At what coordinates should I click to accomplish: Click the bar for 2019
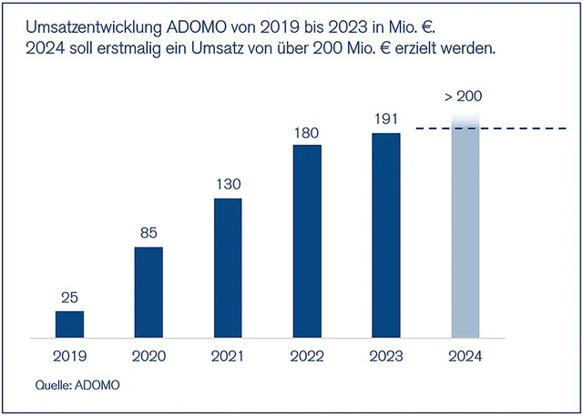click(x=69, y=324)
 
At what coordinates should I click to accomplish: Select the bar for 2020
click(x=148, y=291)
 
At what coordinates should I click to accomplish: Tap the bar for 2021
click(x=228, y=268)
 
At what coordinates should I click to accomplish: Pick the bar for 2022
click(x=307, y=241)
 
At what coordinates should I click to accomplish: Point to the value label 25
click(x=69, y=298)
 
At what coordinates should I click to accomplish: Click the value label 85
click(x=148, y=233)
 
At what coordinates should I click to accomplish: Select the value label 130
click(x=228, y=185)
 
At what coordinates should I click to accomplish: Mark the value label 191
click(x=386, y=119)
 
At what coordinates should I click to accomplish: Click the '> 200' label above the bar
click(x=465, y=96)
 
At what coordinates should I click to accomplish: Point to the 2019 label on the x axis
click(x=69, y=355)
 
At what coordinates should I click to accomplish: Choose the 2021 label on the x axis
click(x=228, y=355)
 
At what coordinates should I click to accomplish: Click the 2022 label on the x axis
click(x=307, y=355)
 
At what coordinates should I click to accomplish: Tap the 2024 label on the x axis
click(x=465, y=355)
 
